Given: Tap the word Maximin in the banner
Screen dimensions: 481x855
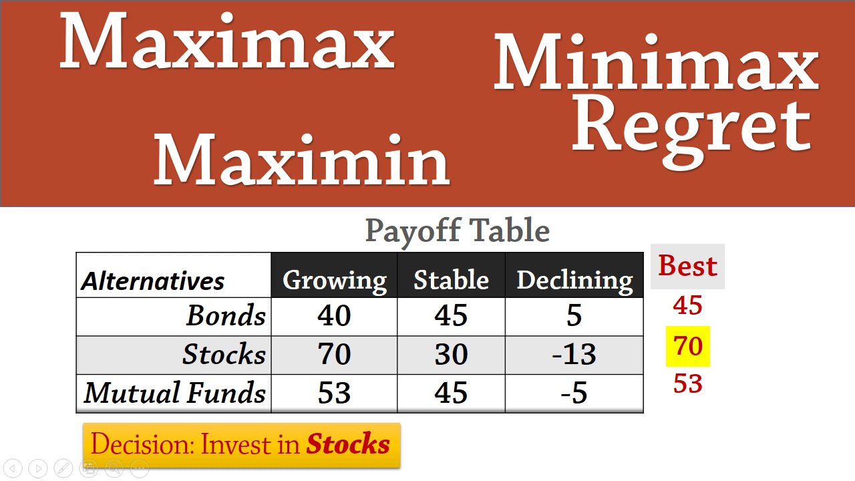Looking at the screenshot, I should [x=302, y=160].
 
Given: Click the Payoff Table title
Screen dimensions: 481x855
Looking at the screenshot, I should [x=458, y=231].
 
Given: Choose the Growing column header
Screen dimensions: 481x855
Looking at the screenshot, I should [x=334, y=280].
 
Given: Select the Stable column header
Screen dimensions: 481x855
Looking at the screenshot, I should [x=451, y=280].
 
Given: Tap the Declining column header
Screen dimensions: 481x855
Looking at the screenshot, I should [x=574, y=280].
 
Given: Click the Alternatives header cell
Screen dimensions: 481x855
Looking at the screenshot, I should [x=153, y=281].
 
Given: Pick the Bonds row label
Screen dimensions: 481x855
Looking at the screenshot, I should [x=226, y=316].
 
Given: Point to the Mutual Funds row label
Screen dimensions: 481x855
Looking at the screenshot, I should [x=175, y=393].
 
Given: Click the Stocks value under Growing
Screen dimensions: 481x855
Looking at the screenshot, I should [x=334, y=354].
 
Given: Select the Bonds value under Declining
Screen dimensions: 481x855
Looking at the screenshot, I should [x=574, y=316].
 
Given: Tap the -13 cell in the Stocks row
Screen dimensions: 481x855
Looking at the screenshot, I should [x=574, y=354].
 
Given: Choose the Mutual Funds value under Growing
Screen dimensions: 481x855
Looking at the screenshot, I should [x=334, y=393].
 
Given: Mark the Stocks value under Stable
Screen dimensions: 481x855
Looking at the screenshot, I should [x=451, y=354].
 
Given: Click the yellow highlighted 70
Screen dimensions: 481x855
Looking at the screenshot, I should [x=688, y=346].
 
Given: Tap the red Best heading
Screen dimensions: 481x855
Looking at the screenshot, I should [x=688, y=266].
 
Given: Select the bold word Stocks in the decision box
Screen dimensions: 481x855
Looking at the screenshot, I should [x=348, y=444].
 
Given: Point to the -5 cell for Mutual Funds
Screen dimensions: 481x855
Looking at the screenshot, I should [x=574, y=393].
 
